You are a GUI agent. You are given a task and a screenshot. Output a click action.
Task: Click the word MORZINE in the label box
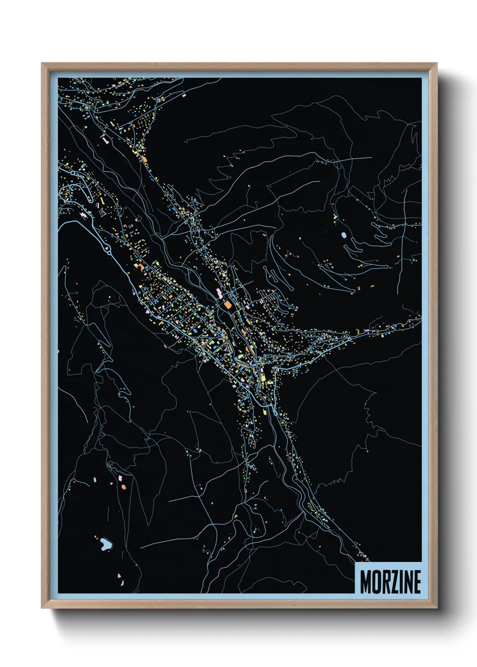tap(390, 582)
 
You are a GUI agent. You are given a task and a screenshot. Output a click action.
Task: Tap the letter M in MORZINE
tap(366, 582)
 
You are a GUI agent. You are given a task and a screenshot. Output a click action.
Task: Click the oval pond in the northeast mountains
tap(344, 235)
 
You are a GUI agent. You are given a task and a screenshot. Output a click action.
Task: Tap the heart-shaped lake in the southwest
tap(106, 544)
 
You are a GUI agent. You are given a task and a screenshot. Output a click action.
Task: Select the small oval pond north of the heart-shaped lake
tap(95, 480)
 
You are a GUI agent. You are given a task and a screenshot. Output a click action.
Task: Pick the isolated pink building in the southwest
tap(121, 477)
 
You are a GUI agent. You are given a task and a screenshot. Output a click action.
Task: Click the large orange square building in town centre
tap(228, 305)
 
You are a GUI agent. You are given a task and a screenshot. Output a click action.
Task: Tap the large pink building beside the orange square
tap(220, 294)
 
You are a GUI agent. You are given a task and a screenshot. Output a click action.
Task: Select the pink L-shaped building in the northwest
tap(105, 140)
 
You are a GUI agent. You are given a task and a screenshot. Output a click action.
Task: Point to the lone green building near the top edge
tap(184, 95)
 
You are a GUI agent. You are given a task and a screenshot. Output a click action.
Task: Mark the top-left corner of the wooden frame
tap(42, 64)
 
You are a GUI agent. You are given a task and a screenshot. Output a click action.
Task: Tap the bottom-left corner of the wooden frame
tap(42, 608)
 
